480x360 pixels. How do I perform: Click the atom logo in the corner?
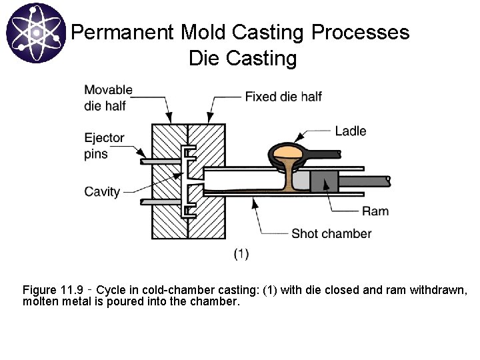click(35, 33)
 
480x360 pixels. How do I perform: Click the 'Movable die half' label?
click(108, 97)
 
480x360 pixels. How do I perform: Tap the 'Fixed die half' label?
click(283, 97)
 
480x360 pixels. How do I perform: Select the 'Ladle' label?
click(350, 131)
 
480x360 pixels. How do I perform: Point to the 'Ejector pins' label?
click(104, 145)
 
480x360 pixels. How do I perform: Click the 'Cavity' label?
click(102, 192)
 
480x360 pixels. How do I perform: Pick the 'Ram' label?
click(375, 211)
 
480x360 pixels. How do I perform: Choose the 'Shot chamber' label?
click(331, 233)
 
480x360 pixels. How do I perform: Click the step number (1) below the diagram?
click(241, 253)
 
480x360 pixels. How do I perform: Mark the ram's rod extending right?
click(364, 181)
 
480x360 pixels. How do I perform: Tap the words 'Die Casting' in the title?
click(243, 59)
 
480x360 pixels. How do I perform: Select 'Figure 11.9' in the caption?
click(53, 290)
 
